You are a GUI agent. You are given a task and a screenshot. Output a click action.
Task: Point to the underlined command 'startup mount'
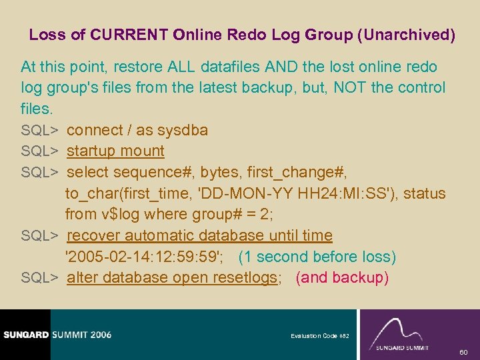coord(115,151)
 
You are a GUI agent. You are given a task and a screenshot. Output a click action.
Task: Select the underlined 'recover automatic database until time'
coord(199,235)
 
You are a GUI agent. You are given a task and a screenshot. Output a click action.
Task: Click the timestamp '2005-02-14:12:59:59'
coord(146,257)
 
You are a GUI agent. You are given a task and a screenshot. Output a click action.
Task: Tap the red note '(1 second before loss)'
coord(317,257)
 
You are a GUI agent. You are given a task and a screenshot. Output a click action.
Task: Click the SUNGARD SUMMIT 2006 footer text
coord(56,335)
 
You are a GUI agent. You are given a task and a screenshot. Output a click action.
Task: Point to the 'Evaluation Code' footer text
coord(315,336)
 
